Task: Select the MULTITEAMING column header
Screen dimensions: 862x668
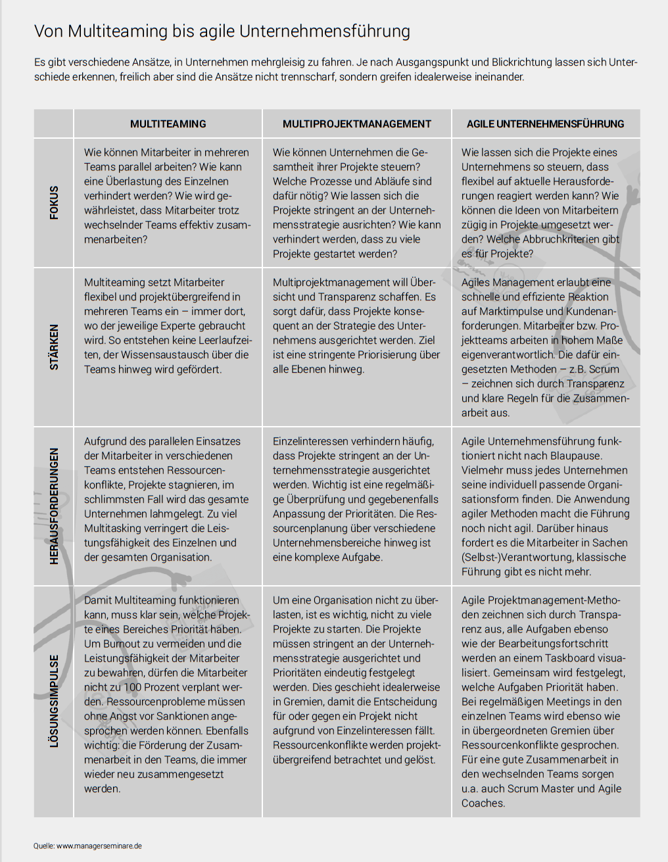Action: (x=168, y=124)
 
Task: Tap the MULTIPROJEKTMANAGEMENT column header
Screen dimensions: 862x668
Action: (x=357, y=124)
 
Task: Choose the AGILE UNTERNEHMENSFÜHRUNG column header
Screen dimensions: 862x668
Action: (x=545, y=124)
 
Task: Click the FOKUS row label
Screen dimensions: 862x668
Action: (x=54, y=203)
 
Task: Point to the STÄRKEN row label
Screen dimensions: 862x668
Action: (x=54, y=347)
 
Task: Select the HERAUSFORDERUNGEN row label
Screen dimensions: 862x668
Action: (x=54, y=506)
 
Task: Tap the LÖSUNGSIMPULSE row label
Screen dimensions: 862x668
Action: (x=54, y=701)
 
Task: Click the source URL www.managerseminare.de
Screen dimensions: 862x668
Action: (x=99, y=846)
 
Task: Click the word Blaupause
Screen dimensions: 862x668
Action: (x=574, y=456)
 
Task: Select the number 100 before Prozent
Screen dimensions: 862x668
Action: (x=133, y=687)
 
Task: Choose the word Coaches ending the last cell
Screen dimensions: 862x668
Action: (x=483, y=803)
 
